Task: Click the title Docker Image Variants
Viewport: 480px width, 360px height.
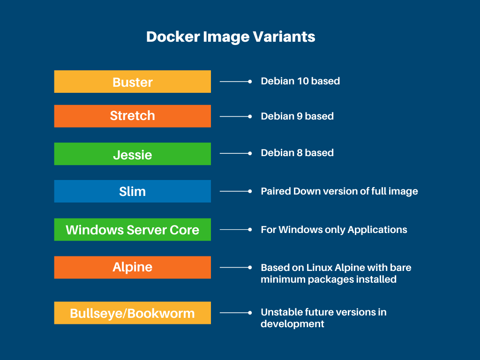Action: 231,37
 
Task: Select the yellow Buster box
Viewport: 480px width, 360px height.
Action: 133,82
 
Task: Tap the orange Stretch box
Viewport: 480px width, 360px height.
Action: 133,116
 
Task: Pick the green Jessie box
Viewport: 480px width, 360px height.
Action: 133,154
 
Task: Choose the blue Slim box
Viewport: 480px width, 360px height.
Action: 133,191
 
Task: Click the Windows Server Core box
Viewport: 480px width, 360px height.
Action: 133,230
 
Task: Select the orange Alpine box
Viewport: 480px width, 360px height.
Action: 133,267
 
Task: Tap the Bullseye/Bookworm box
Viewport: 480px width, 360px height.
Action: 133,313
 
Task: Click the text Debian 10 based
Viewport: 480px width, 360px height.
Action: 300,81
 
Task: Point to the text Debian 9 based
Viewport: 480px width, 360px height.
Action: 297,116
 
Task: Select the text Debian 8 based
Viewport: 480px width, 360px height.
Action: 297,153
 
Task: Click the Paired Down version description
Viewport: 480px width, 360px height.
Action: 339,191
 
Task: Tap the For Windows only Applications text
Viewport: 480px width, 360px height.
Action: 334,230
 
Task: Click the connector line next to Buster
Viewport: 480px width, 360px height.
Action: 234,82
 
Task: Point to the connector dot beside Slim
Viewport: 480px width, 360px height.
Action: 250,191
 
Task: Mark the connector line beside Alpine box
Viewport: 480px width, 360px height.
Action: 234,267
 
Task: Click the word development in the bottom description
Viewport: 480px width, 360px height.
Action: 292,324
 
